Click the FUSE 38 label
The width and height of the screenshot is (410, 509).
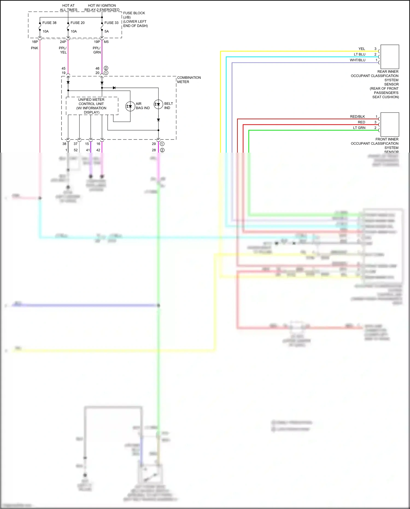click(49, 23)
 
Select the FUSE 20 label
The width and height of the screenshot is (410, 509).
click(77, 23)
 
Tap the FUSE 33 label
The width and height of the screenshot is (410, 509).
click(111, 23)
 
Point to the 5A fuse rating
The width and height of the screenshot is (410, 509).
click(107, 31)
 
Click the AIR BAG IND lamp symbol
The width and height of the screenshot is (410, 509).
click(130, 106)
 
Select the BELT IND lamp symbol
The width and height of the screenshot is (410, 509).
click(158, 104)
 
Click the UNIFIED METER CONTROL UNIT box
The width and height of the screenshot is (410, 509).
click(92, 106)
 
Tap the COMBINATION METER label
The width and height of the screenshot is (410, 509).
click(189, 80)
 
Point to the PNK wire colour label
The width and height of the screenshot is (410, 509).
click(34, 48)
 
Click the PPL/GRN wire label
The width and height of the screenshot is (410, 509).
click(97, 50)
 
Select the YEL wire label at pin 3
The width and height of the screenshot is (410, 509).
click(362, 49)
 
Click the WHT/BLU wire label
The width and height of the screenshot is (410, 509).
click(358, 60)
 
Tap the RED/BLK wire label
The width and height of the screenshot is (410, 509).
click(357, 117)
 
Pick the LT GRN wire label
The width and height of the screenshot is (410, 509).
click(359, 128)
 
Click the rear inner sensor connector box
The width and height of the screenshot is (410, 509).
click(389, 57)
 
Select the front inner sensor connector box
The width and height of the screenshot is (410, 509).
click(389, 124)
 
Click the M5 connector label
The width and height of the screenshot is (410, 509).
click(106, 42)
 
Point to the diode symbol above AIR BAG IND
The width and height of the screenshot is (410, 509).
click(114, 88)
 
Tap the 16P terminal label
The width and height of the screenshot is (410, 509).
click(35, 42)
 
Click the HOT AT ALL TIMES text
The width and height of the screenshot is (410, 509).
click(68, 8)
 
